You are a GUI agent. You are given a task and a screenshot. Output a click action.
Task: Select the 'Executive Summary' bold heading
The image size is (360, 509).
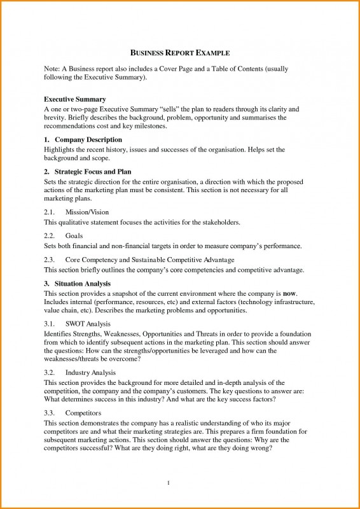pos(74,100)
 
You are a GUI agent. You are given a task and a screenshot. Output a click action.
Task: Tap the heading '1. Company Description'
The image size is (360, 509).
pos(83,139)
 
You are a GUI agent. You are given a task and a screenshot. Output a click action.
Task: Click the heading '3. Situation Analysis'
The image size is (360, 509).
pos(78,283)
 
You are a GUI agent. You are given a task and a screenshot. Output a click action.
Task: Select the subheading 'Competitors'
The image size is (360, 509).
pos(83,413)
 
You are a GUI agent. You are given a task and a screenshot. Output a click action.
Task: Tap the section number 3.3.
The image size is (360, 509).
pos(50,413)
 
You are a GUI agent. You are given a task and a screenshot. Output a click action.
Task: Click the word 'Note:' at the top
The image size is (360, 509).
pos(52,67)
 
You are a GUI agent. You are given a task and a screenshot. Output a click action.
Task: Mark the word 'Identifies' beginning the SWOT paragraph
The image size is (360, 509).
pos(58,333)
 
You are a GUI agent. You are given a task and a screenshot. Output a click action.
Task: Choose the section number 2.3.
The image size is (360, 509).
pos(50,260)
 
